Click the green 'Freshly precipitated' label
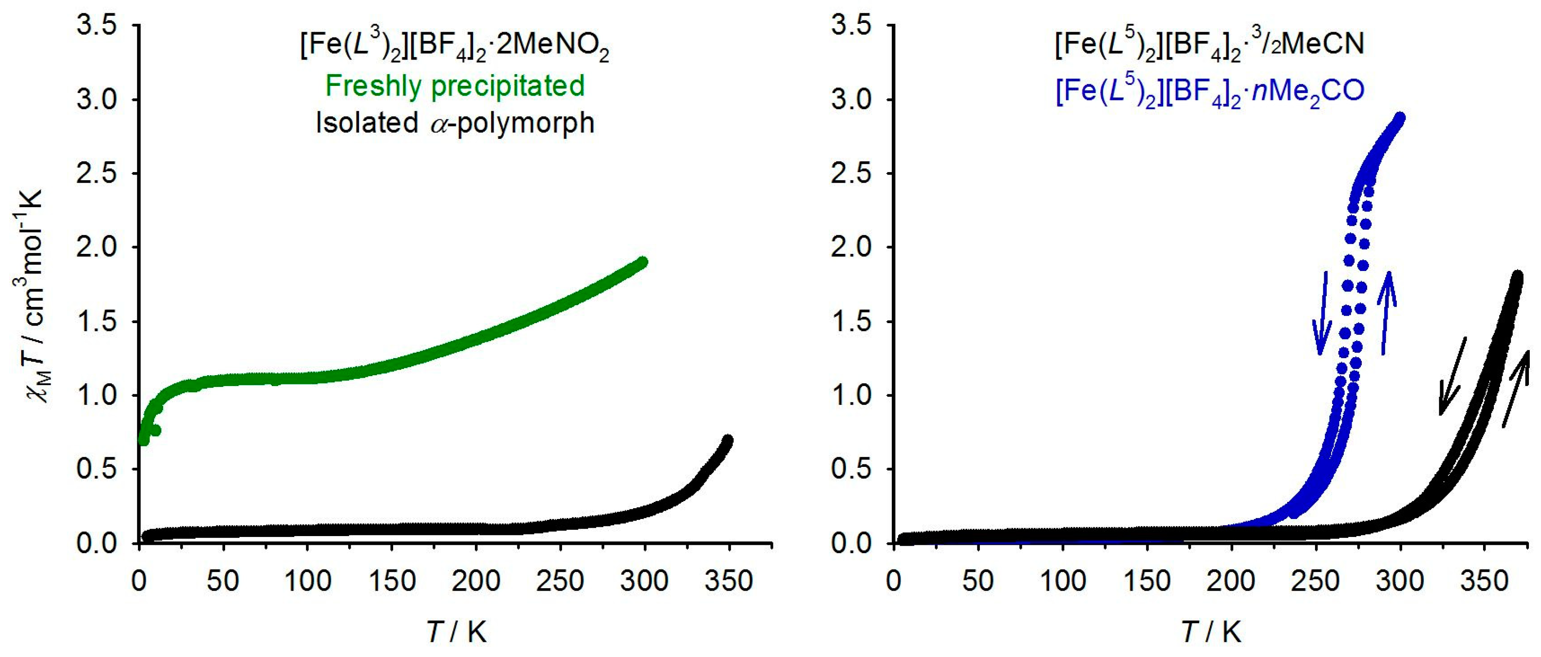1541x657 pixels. [x=454, y=85]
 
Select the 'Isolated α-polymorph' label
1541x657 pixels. [x=454, y=123]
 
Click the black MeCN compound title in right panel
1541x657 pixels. [x=1210, y=45]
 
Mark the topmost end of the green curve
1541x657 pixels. [x=643, y=262]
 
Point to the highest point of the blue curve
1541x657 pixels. [x=1399, y=118]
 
